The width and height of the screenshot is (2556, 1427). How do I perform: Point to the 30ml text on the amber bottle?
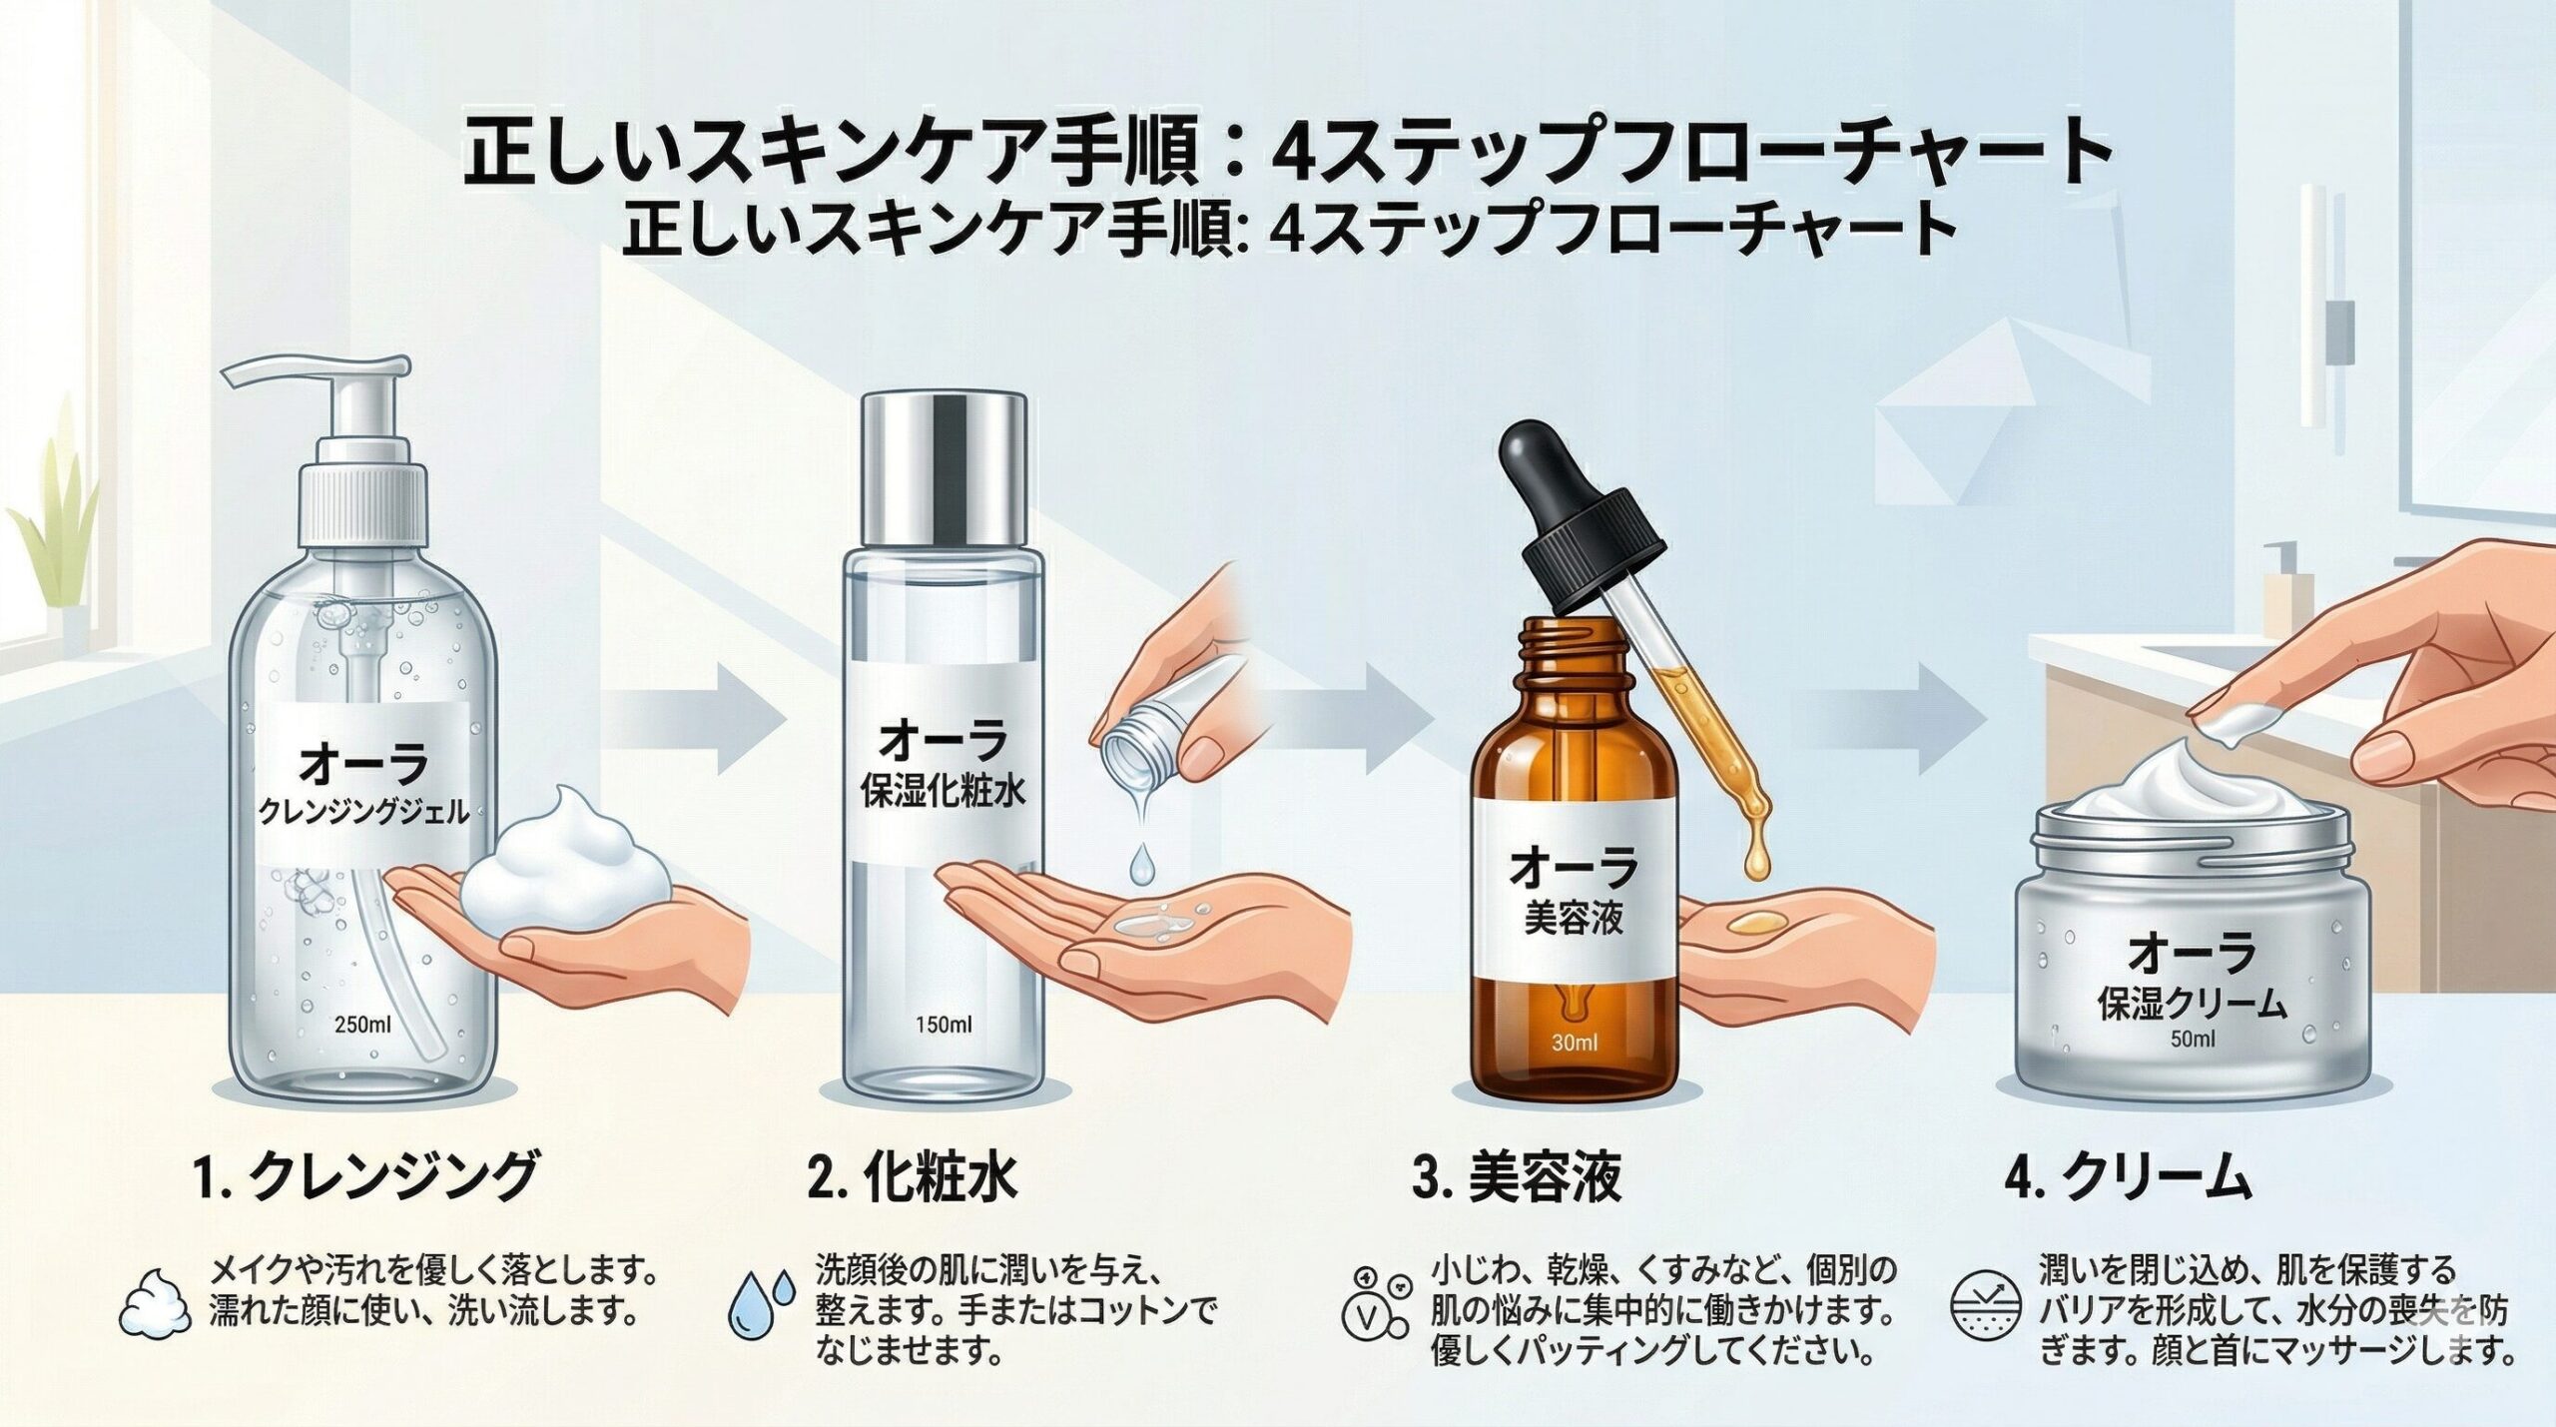(1576, 1044)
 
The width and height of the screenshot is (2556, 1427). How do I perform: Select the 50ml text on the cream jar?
(2193, 1039)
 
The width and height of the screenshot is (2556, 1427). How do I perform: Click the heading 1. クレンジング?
(364, 1175)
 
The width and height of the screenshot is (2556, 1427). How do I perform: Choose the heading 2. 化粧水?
(913, 1175)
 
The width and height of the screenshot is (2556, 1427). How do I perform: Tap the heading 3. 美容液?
(1517, 1177)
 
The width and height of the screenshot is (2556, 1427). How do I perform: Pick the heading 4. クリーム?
(2128, 1177)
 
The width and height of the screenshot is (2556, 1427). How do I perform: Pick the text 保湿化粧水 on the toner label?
(943, 794)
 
